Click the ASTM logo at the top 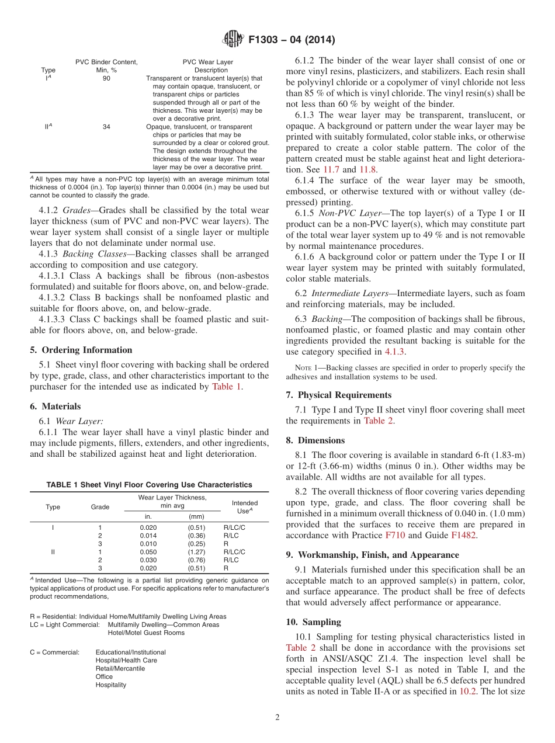[x=234, y=40]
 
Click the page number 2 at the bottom [x=277, y=717]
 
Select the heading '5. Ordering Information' [x=81, y=350]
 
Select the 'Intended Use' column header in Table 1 [x=244, y=506]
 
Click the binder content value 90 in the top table [x=106, y=78]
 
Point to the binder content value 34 [x=106, y=126]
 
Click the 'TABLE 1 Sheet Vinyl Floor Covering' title [x=150, y=485]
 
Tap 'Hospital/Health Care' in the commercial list [x=126, y=660]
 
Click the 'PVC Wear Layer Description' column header [x=207, y=66]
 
